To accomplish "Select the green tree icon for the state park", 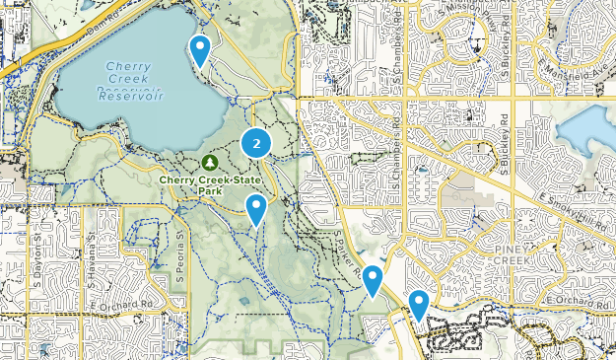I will point(208,162).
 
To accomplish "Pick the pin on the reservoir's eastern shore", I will point(200,49).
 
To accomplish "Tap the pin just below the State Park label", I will point(256,208).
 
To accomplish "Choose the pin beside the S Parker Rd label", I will point(372,279).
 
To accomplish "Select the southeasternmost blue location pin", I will point(419,304).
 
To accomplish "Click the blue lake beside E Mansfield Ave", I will point(587,128).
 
